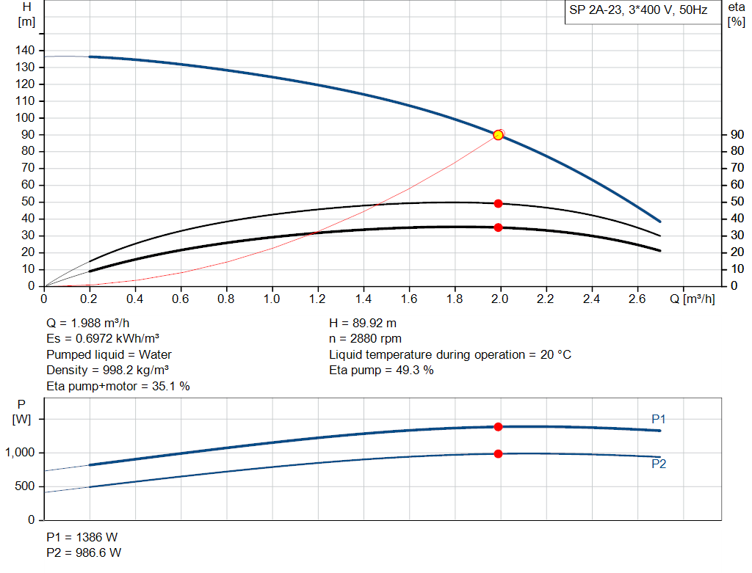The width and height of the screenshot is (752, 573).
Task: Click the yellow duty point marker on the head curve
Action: pyautogui.click(x=498, y=134)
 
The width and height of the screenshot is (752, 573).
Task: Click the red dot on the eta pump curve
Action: pyautogui.click(x=498, y=203)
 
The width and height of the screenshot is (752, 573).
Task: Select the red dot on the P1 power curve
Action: pyautogui.click(x=498, y=426)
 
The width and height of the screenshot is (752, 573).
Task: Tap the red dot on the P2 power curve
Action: pyautogui.click(x=498, y=453)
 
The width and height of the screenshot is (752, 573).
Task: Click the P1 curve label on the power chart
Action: pyautogui.click(x=659, y=418)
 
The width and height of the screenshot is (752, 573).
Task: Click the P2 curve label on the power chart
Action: pyautogui.click(x=659, y=464)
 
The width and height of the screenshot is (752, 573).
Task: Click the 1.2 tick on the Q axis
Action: pyautogui.click(x=317, y=299)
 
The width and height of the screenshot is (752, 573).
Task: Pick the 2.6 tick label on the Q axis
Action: pyautogui.click(x=637, y=299)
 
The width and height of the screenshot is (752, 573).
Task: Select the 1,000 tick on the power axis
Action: pyautogui.click(x=20, y=453)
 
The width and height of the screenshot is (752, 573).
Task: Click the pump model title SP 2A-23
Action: pyautogui.click(x=638, y=11)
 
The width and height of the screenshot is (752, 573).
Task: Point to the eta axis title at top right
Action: pyautogui.click(x=736, y=13)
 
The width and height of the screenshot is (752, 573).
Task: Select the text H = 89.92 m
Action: pyautogui.click(x=364, y=322)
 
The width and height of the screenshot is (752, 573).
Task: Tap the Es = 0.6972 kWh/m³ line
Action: pyautogui.click(x=103, y=338)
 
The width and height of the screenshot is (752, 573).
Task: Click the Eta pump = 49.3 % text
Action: pyautogui.click(x=381, y=370)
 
